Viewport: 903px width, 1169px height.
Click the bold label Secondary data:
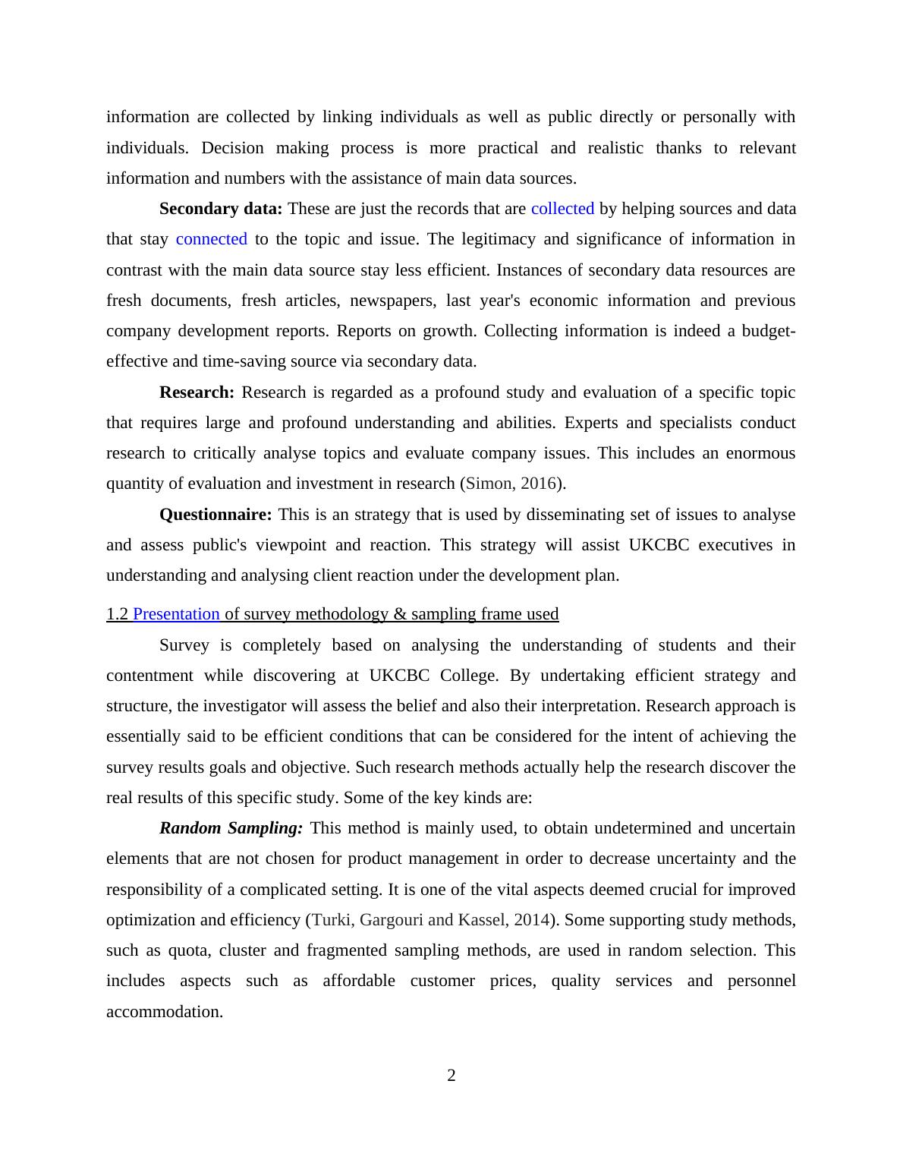click(220, 209)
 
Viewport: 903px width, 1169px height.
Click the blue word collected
click(562, 209)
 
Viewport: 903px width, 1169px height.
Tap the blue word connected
click(211, 239)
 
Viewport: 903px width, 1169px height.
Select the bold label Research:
click(197, 392)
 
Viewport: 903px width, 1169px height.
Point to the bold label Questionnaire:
click(216, 515)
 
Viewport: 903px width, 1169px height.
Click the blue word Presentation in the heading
click(176, 614)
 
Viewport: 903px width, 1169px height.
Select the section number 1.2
click(117, 614)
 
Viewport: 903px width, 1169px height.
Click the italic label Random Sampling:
click(231, 828)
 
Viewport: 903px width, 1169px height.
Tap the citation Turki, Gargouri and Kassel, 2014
click(430, 920)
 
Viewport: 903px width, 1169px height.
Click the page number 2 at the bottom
click(451, 1076)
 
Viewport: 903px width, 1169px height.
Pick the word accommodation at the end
click(164, 1012)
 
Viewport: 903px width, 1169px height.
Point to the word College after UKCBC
click(469, 676)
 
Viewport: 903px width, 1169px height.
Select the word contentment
click(149, 676)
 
